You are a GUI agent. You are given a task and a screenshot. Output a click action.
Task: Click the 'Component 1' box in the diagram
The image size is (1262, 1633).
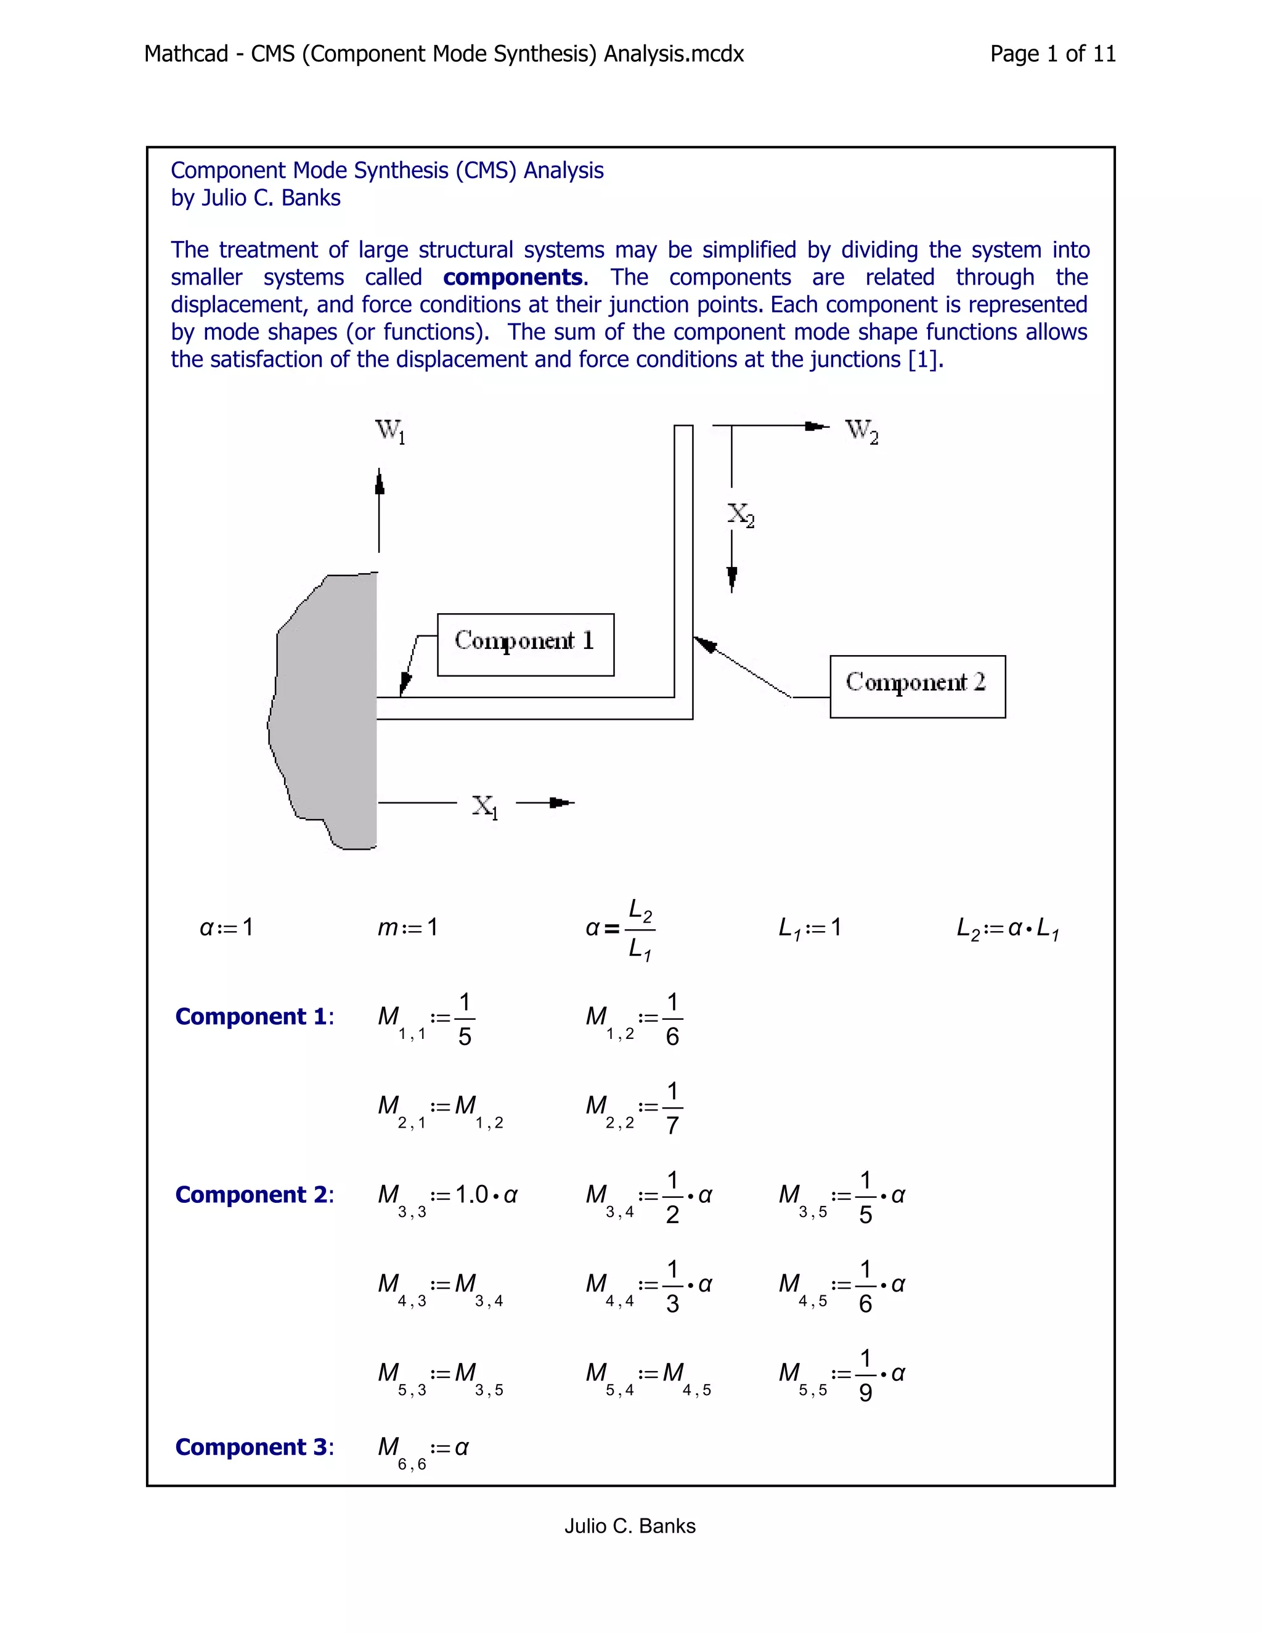pos(525,645)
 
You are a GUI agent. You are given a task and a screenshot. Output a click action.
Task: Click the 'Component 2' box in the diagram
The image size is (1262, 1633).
pos(918,686)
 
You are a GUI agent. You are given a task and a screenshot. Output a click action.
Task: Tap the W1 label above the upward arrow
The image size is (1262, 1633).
pos(389,431)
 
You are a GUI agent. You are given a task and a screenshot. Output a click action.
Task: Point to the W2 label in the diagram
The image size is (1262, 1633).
pos(861,431)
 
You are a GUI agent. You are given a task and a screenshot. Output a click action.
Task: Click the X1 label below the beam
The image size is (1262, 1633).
pos(484,806)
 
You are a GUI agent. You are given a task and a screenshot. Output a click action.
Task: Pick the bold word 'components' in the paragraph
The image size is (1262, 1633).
pos(513,277)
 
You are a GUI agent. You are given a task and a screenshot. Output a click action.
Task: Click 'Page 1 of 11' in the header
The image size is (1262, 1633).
pos(1052,54)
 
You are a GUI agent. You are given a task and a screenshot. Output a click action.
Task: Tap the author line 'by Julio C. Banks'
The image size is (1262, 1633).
pos(256,198)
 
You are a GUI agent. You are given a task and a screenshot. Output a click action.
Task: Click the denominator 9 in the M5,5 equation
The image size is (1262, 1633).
pos(865,1392)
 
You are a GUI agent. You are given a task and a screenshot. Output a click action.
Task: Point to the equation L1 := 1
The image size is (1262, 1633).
pos(810,928)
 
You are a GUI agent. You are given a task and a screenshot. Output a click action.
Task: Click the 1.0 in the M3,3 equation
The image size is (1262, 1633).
pos(472,1195)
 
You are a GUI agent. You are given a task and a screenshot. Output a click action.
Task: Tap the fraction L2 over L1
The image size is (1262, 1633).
pos(640,930)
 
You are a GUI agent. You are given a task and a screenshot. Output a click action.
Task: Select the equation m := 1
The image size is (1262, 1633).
pos(407,928)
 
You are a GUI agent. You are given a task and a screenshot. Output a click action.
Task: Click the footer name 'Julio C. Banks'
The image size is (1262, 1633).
pos(630,1526)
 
